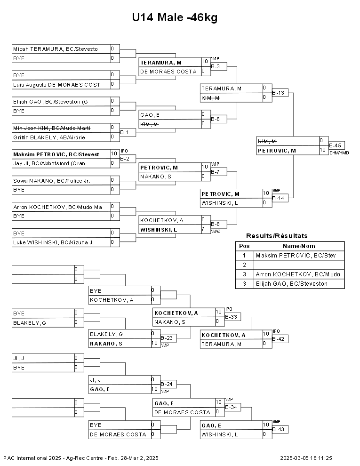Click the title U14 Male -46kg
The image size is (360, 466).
coord(175,17)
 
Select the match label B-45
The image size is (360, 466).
coord(335,145)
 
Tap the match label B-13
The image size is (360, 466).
coord(278,93)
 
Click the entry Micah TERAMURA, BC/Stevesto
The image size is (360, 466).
coord(55,49)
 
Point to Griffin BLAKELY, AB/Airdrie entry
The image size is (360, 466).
coord(49,137)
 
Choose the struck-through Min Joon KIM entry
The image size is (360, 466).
coord(52,128)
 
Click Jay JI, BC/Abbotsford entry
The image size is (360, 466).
coord(49,163)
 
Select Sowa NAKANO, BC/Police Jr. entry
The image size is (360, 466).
coord(52,181)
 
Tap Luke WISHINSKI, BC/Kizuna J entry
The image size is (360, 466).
coord(53,242)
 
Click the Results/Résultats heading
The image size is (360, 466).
coord(277,236)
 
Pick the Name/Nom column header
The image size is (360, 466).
coord(299,246)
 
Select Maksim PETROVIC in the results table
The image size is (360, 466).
coord(296,256)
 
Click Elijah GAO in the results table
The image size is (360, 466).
coord(292,284)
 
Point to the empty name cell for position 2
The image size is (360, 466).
coord(299,265)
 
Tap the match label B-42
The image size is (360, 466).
coord(278,339)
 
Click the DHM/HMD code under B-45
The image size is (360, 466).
coord(339,153)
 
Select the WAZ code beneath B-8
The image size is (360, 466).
coord(216,232)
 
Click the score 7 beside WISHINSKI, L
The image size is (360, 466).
coord(203,229)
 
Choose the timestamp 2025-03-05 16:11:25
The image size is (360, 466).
coord(306,458)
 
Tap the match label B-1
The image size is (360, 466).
coord(124,132)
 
